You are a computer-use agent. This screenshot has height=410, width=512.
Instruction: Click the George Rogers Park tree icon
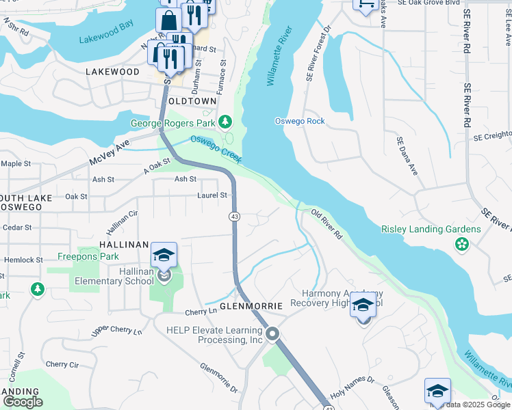(x=225, y=122)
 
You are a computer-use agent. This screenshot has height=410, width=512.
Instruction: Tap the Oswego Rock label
(x=299, y=121)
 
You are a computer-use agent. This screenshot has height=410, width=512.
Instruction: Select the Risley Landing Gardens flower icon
(x=462, y=243)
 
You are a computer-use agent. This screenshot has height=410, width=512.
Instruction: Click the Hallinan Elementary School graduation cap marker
(x=164, y=256)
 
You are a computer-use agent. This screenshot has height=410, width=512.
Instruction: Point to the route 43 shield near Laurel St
(x=234, y=216)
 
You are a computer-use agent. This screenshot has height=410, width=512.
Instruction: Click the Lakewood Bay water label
(x=106, y=41)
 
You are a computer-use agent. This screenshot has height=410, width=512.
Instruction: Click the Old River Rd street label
(x=327, y=224)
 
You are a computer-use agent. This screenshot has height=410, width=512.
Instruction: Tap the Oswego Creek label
(x=216, y=148)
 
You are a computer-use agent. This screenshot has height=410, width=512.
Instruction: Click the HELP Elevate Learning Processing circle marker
(x=272, y=334)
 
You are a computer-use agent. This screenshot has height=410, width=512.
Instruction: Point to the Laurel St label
(x=212, y=195)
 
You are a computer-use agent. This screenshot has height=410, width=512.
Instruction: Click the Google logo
(x=22, y=401)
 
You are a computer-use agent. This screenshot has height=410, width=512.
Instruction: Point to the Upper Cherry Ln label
(x=116, y=331)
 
